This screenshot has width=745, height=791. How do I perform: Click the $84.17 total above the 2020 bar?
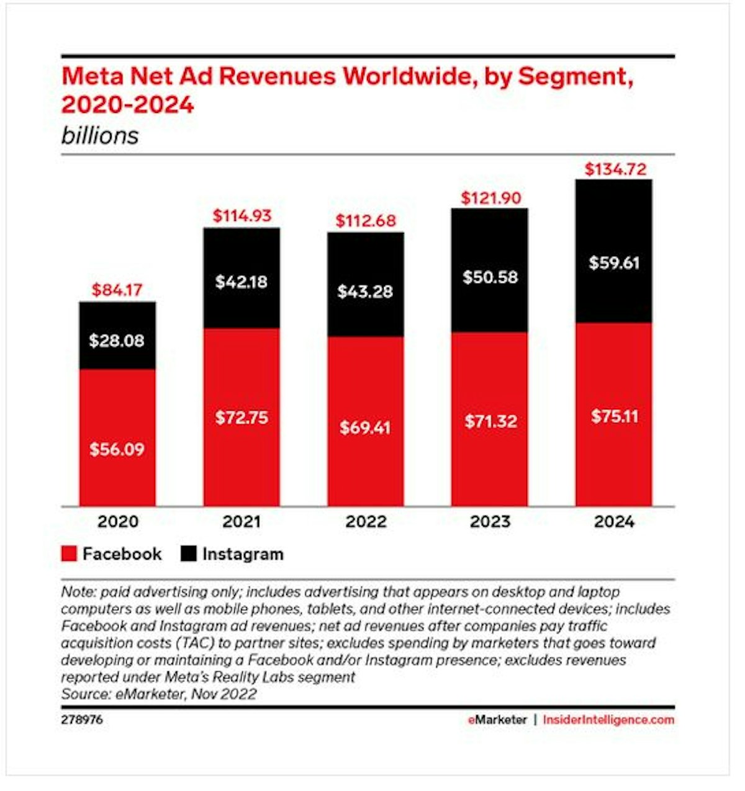pyautogui.click(x=117, y=290)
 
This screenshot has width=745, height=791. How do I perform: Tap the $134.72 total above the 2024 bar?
pyautogui.click(x=615, y=169)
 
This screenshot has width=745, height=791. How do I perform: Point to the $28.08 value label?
pyautogui.click(x=117, y=341)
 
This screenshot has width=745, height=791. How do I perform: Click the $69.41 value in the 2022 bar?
pyautogui.click(x=365, y=427)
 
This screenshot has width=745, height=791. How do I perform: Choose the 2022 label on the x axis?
pyautogui.click(x=366, y=522)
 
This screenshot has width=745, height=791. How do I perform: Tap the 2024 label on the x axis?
pyautogui.click(x=614, y=522)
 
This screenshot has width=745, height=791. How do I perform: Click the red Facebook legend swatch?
pyautogui.click(x=69, y=554)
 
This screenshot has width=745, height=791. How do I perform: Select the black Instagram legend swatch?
pyautogui.click(x=188, y=554)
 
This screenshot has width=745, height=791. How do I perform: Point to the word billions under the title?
pyautogui.click(x=100, y=136)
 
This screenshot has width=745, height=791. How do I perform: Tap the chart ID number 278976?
pyautogui.click(x=82, y=720)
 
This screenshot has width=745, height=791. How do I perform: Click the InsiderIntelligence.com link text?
pyautogui.click(x=608, y=720)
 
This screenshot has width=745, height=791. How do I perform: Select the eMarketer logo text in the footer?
pyautogui.click(x=497, y=720)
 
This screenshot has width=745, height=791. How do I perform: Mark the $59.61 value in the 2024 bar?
pyautogui.click(x=614, y=262)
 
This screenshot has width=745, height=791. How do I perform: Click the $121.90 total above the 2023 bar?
pyautogui.click(x=490, y=198)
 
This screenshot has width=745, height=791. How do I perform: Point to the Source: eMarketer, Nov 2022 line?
pyautogui.click(x=159, y=694)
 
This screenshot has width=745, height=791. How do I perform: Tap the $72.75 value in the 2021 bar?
pyautogui.click(x=242, y=418)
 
